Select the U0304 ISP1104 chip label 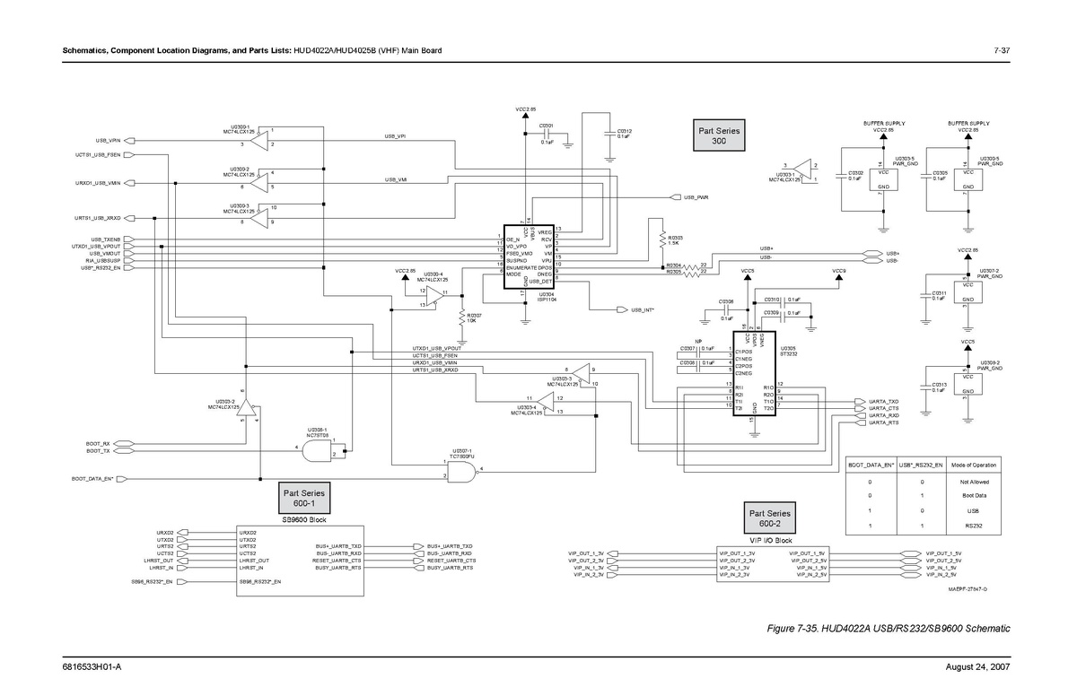pyautogui.click(x=547, y=298)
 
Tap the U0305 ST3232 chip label pyautogui.click(x=788, y=351)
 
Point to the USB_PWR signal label pyautogui.click(x=696, y=196)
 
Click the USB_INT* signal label pyautogui.click(x=642, y=309)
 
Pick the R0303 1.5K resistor pyautogui.click(x=662, y=239)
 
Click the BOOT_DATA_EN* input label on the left pyautogui.click(x=92, y=480)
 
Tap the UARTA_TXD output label pyautogui.click(x=884, y=401)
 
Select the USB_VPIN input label pyautogui.click(x=108, y=141)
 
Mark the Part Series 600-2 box pyautogui.click(x=770, y=518)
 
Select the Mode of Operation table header pyautogui.click(x=974, y=465)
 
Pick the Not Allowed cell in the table pyautogui.click(x=974, y=482)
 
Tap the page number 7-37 pyautogui.click(x=1002, y=49)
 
